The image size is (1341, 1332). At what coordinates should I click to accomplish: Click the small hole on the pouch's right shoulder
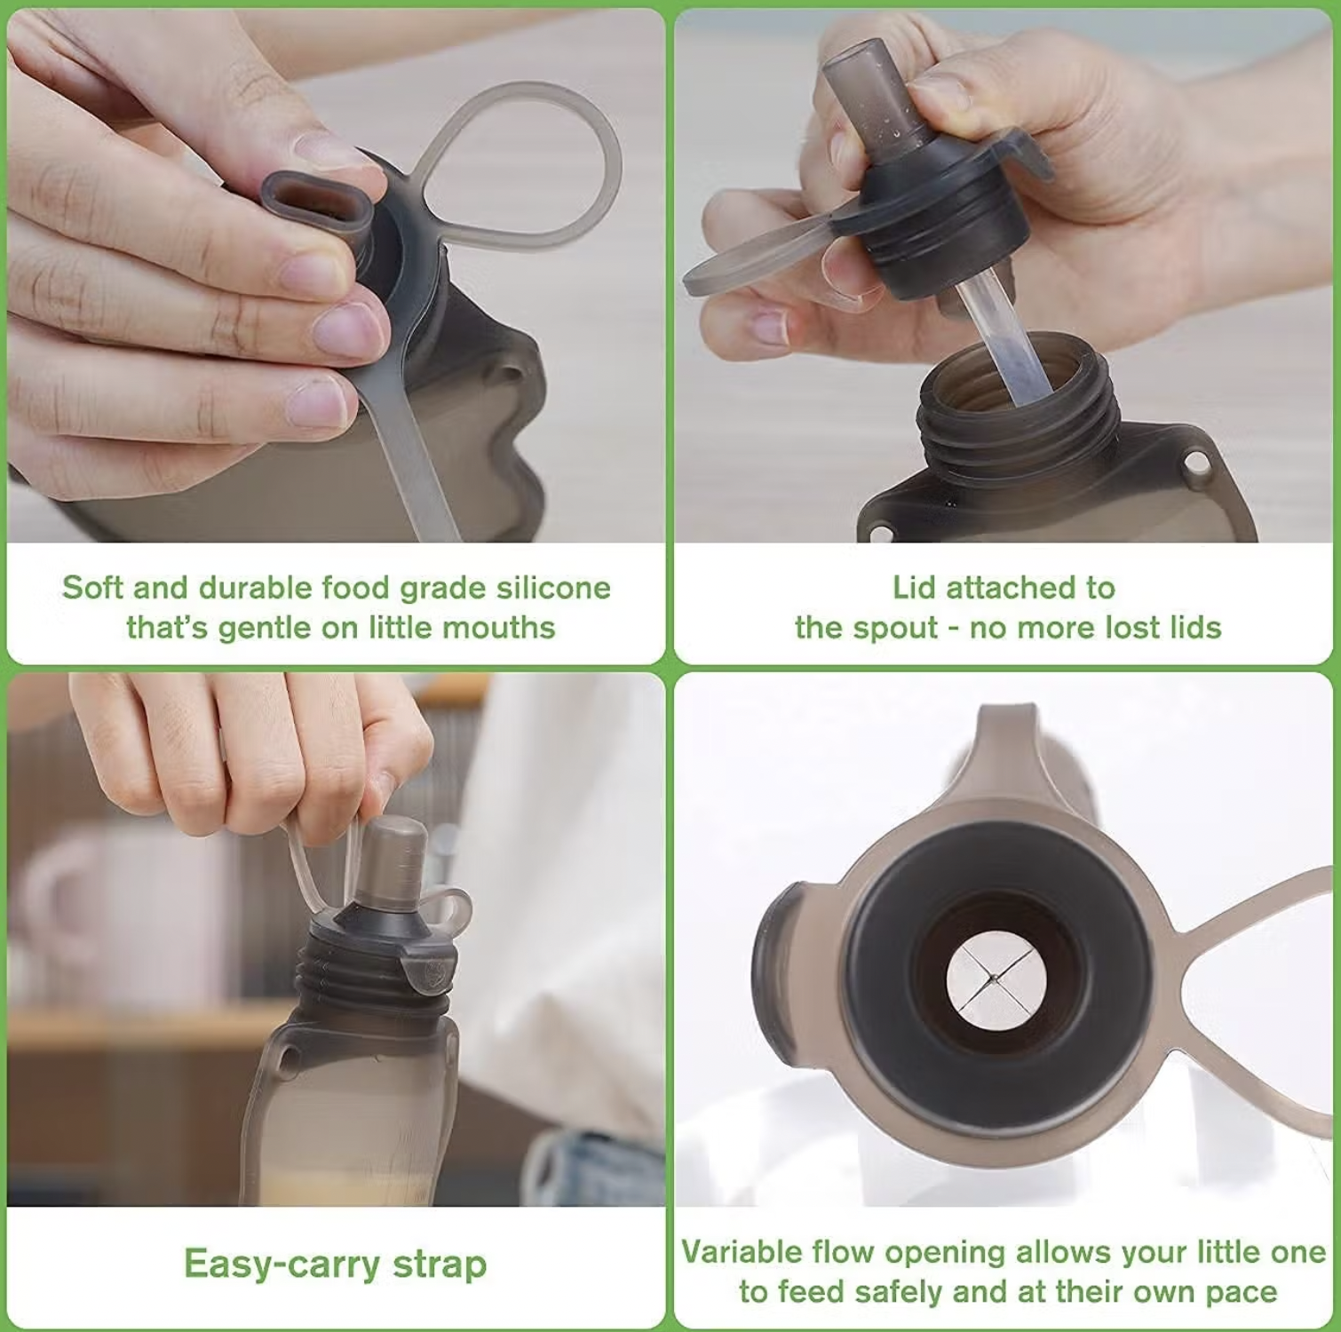tap(1196, 462)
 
